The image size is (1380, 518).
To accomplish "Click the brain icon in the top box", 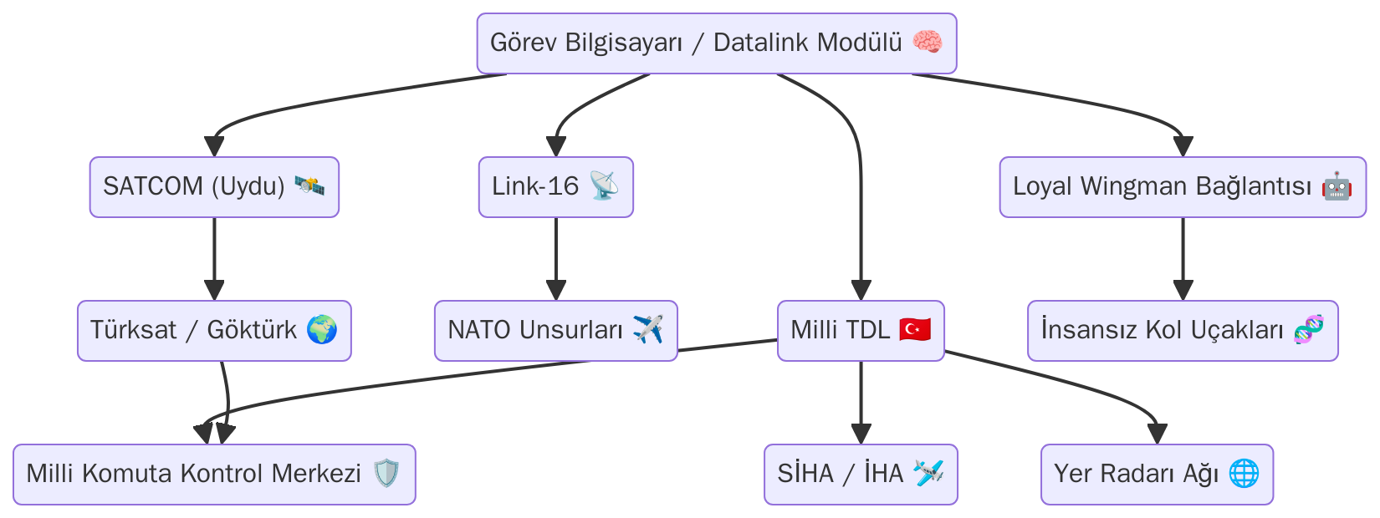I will [x=927, y=42].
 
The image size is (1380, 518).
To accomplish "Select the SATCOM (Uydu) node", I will [x=214, y=186].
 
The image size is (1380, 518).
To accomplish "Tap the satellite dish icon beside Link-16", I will [x=604, y=185].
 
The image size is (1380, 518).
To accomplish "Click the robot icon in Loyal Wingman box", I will [x=1337, y=185].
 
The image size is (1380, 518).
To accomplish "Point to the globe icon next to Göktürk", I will [x=322, y=330].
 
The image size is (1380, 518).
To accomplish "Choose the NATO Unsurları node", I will [x=555, y=330].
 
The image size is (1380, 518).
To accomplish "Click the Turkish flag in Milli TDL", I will [x=915, y=330].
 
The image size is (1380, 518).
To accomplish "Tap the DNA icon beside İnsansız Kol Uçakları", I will [x=1309, y=330].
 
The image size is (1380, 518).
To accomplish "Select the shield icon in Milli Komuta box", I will [x=386, y=474].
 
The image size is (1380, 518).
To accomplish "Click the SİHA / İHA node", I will [x=861, y=474].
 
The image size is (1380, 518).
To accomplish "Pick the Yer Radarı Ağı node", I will [x=1157, y=474].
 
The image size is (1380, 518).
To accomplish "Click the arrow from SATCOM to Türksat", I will [x=214, y=259].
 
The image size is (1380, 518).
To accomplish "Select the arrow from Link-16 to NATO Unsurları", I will [x=556, y=259].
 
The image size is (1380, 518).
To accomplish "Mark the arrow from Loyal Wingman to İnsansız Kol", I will [x=1183, y=259].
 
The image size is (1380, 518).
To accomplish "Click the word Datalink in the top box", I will [x=760, y=43].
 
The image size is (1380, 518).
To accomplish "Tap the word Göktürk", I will [x=252, y=330].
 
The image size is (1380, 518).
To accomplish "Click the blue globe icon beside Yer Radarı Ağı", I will [x=1245, y=474].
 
